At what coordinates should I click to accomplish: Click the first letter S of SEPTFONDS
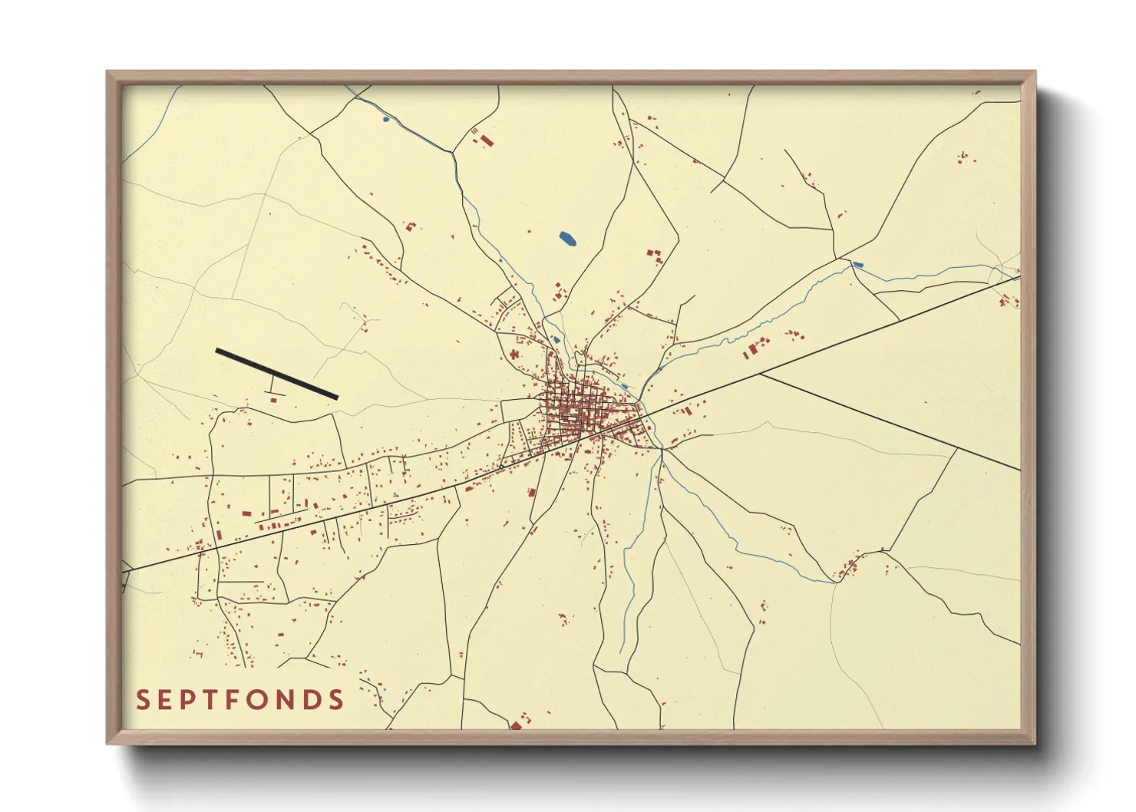143,700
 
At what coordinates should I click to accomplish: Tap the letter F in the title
235,700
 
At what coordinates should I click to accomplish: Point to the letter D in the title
311,700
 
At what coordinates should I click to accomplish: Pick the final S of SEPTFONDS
335,700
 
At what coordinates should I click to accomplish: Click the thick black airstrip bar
276,374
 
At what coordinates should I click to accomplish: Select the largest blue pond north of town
568,239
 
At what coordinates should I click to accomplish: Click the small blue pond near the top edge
385,119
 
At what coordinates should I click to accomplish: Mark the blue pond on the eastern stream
857,266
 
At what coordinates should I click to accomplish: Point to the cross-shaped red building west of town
514,354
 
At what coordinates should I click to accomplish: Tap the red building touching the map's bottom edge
516,725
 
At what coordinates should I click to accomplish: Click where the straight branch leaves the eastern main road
760,375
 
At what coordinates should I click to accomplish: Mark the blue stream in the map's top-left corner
150,127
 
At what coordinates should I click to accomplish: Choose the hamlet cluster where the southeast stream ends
848,569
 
